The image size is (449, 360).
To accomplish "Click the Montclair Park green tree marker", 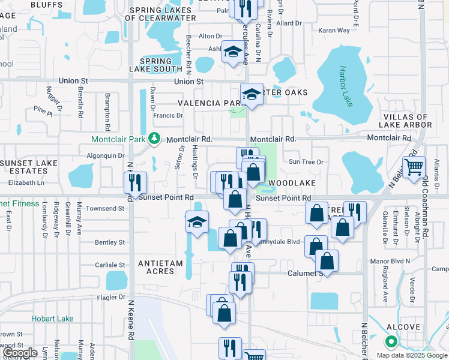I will point(155,139).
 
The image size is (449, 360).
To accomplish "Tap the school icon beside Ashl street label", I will point(232,52).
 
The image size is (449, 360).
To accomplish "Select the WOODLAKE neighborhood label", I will point(292,182).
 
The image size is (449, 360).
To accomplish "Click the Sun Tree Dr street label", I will point(306,162).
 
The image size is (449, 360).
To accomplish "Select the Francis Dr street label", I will point(168,115).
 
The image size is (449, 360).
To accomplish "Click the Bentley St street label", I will point(109,242).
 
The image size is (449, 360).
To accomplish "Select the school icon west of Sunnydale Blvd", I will point(197,221).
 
